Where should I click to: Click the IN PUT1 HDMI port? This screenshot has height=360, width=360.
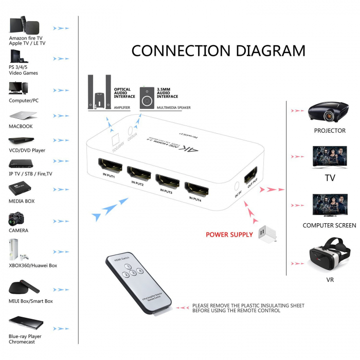(x=110, y=164)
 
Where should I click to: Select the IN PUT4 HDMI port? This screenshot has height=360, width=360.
(x=196, y=187)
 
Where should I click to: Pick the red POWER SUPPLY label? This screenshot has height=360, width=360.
(x=229, y=235)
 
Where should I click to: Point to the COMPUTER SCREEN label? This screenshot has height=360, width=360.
(x=329, y=225)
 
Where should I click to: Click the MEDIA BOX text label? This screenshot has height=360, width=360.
(x=22, y=201)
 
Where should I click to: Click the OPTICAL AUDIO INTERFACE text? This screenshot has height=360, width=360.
(x=124, y=93)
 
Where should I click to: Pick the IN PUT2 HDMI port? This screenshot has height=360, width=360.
(x=139, y=172)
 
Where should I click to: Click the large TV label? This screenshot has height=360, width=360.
(x=330, y=178)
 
